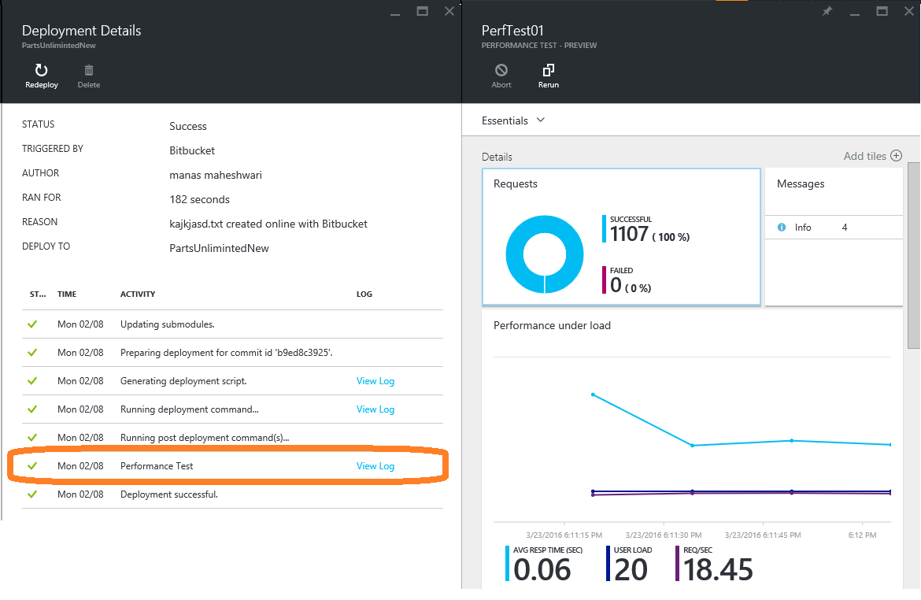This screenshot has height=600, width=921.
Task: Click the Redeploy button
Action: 41,76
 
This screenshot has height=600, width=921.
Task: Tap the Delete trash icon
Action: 89,71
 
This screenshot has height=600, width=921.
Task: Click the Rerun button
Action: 548,76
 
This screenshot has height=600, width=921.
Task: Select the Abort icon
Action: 501,71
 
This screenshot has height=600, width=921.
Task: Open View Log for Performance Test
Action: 375,466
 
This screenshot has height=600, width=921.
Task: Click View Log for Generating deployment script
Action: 375,381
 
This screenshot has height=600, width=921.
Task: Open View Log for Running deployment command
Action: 375,409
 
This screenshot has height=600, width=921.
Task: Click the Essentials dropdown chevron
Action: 541,120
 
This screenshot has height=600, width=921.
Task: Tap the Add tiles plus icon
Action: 897,156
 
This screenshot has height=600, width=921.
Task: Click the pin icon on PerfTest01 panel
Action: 827,11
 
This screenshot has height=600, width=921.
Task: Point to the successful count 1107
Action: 629,234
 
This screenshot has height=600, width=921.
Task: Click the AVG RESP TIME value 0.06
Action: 542,569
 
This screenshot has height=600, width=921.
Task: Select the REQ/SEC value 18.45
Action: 718,569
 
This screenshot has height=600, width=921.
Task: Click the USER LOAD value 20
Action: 631,569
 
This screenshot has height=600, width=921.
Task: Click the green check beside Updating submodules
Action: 32,324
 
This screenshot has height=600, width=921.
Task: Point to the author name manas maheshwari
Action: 216,175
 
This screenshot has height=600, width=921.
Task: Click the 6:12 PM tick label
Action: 862,535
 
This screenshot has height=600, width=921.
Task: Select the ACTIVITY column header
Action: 138,294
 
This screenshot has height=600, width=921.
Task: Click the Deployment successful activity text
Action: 169,494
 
